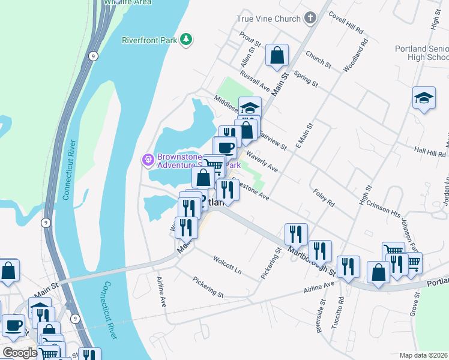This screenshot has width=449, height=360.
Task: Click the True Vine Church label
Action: [x=268, y=19]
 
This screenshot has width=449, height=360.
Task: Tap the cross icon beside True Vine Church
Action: [x=310, y=18]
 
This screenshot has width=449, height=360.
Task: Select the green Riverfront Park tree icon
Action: [x=187, y=40]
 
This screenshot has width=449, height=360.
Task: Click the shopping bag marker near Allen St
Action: [x=277, y=56]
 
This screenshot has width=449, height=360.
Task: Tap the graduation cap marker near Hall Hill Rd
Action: [x=424, y=98]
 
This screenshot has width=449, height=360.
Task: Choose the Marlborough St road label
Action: [x=307, y=252]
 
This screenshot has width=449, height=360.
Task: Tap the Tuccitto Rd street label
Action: [x=337, y=313]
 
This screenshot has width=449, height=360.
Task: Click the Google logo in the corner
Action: [x=19, y=353]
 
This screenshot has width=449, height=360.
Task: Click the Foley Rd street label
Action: [x=324, y=197]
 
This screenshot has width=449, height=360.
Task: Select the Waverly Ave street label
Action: [x=262, y=161]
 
